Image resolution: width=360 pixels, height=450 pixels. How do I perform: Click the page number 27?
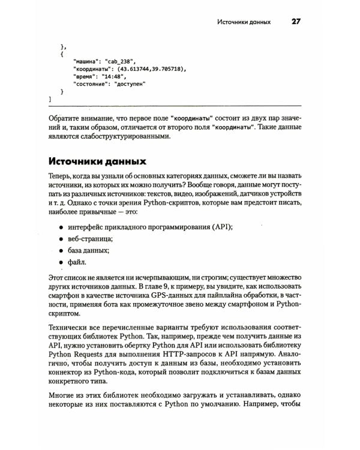point(296,22)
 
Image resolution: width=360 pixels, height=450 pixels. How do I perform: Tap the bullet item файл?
point(77,262)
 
